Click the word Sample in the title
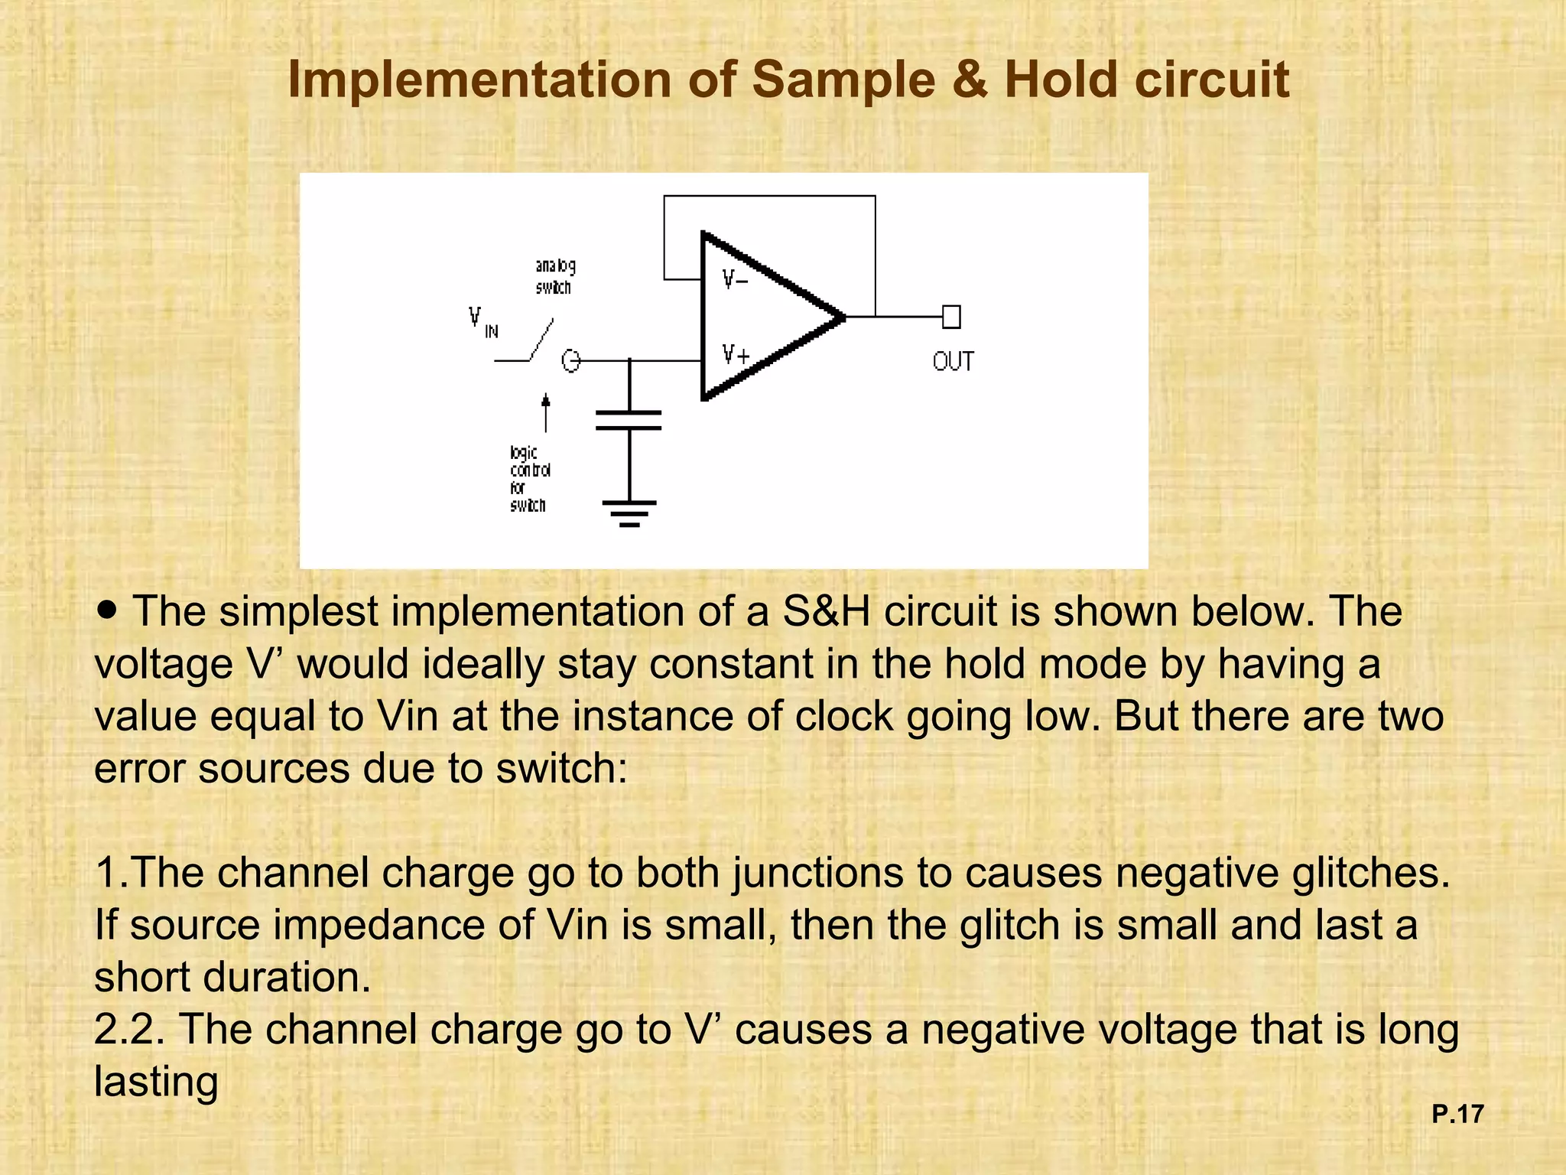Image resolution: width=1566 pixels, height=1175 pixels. click(844, 80)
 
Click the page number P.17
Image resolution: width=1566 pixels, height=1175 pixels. click(1457, 1114)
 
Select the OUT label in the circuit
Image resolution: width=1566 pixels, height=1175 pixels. click(953, 361)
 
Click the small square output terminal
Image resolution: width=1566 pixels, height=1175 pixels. click(951, 317)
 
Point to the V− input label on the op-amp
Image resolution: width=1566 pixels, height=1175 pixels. click(735, 279)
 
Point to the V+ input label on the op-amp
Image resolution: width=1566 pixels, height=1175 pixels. click(736, 354)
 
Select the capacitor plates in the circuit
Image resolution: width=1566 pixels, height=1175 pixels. click(629, 420)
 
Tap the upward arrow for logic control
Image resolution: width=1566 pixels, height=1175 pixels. click(546, 413)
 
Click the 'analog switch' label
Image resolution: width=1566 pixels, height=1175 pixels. click(555, 276)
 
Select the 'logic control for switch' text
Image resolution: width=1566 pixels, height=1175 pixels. click(529, 479)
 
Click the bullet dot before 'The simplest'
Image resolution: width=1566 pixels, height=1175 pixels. click(108, 610)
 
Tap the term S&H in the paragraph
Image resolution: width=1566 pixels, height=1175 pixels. click(827, 611)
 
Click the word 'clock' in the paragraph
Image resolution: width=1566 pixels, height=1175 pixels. click(844, 716)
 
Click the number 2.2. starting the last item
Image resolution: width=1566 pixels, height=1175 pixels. click(129, 1029)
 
